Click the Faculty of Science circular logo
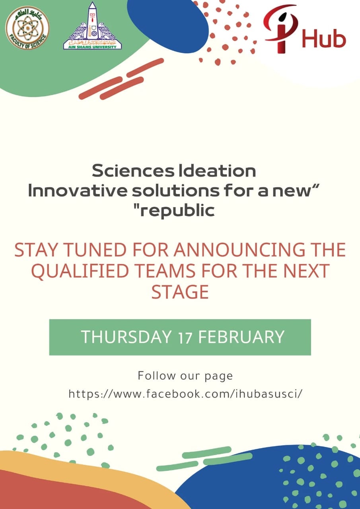point(27,28)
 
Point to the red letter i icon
point(281,29)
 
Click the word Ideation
point(218,171)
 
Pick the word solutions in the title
point(176,191)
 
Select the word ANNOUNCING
point(239,250)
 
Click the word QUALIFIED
point(78,271)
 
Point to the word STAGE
point(180,292)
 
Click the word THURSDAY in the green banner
point(126,336)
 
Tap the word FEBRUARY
point(241,336)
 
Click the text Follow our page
point(185,376)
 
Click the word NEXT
point(307,271)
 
